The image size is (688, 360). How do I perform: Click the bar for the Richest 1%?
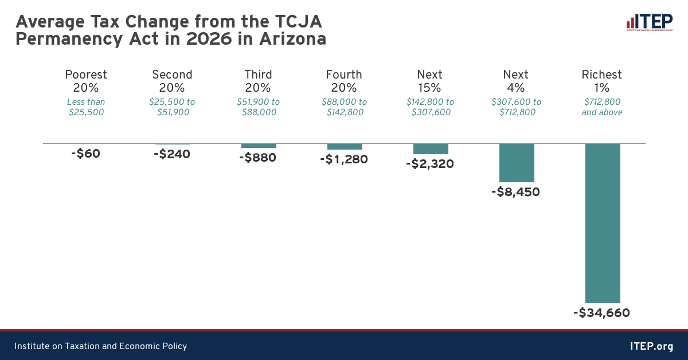pos(603,223)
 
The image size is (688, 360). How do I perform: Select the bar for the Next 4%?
pos(517,163)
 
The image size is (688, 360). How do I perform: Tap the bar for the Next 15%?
pos(431,149)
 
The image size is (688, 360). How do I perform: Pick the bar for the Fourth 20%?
pos(345,147)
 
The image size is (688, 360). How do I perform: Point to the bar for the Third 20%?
pos(259,146)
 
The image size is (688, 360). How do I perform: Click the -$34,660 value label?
pos(601,313)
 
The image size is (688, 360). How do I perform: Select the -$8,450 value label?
pos(515,192)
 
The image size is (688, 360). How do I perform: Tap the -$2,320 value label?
pos(429,164)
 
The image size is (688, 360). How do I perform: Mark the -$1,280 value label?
pos(344,159)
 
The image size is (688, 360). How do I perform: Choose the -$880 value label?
pos(258,158)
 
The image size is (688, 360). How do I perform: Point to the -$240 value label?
pos(172,154)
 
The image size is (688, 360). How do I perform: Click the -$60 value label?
pos(86,154)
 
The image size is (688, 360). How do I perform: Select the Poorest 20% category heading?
pos(86,81)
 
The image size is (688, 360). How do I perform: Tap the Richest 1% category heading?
pos(602,81)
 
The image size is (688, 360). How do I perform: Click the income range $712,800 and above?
pos(602,107)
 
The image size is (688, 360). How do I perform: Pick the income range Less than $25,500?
pos(86,107)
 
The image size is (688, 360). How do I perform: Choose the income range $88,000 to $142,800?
pos(344,107)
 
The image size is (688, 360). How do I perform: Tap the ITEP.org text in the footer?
pos(651,346)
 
